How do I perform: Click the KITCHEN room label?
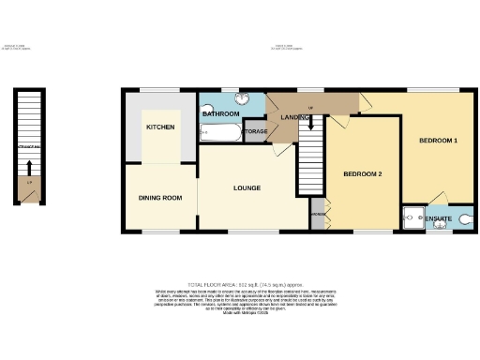point(159,127)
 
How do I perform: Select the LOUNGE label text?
point(246,188)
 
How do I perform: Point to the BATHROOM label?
point(221,113)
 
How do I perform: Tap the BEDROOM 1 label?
point(438,141)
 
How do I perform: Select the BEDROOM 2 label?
point(362,174)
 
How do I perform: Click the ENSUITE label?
point(438,219)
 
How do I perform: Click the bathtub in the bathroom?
point(219,133)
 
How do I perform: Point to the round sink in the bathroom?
point(241,98)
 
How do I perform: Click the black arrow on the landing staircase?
point(311,123)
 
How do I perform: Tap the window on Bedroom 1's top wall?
point(432,90)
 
